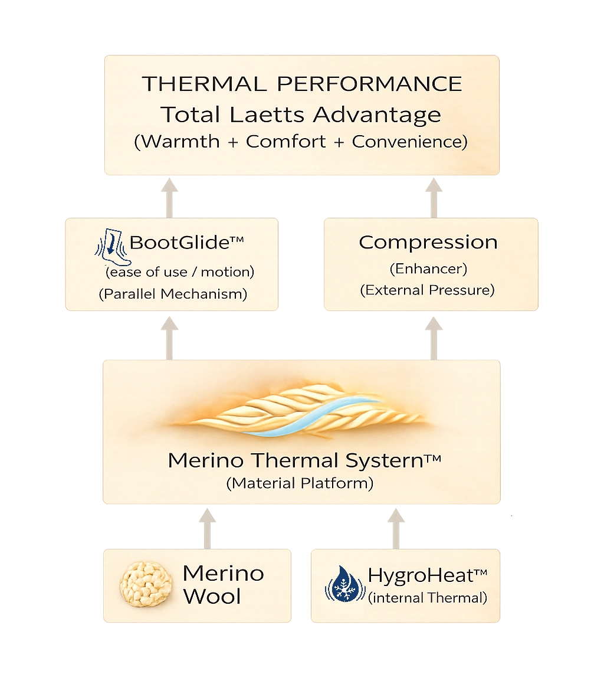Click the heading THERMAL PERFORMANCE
pyautogui.click(x=301, y=84)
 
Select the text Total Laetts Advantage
pyautogui.click(x=301, y=114)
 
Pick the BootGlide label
pyautogui.click(x=186, y=242)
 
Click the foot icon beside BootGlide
pyautogui.click(x=110, y=250)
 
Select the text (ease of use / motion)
pyautogui.click(x=179, y=272)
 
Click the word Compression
pyautogui.click(x=428, y=242)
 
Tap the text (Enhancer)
pyautogui.click(x=428, y=269)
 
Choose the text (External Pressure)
pyautogui.click(x=428, y=290)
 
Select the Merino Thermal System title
pyautogui.click(x=304, y=460)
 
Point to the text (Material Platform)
pyautogui.click(x=300, y=483)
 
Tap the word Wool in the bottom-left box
pyautogui.click(x=212, y=597)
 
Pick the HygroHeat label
pyautogui.click(x=428, y=575)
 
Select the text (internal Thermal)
pyautogui.click(x=428, y=598)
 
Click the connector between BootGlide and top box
pyautogui.click(x=170, y=198)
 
